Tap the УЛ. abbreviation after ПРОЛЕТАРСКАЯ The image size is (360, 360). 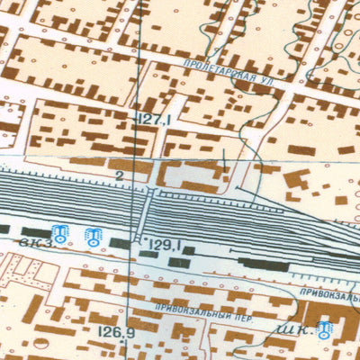[x=264, y=79]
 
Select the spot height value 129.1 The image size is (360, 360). [x=166, y=245]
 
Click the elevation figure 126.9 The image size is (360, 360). [x=115, y=332]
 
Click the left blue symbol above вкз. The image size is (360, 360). [x=60, y=235]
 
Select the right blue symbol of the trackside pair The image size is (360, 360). [x=91, y=238]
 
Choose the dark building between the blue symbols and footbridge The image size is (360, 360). [x=120, y=242]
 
